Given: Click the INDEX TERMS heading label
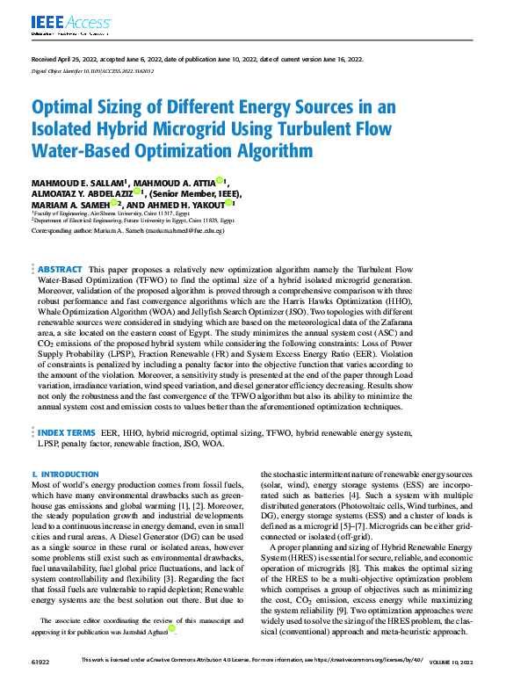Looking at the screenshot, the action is pyautogui.click(x=67, y=432).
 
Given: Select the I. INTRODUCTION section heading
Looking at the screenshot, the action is pyautogui.click(x=65, y=474).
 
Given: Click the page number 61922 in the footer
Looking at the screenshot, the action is pyautogui.click(x=41, y=681).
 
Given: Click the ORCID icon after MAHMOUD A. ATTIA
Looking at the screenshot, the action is pyautogui.click(x=220, y=181).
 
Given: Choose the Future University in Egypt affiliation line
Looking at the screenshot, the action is pyautogui.click(x=134, y=221).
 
